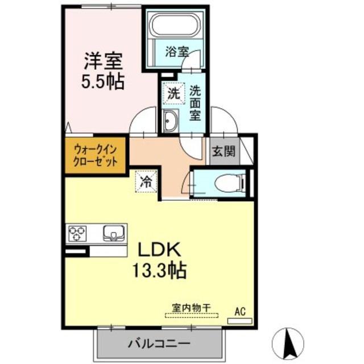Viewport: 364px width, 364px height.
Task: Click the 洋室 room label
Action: (104, 61)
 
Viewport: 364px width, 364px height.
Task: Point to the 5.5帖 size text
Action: (104, 81)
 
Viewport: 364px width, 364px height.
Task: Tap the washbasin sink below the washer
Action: (171, 121)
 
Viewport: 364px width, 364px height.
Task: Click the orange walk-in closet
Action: (96, 155)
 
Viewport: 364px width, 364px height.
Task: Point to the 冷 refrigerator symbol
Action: (146, 183)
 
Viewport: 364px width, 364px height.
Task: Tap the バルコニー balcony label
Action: (158, 344)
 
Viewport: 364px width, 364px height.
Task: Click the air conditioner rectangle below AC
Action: (239, 321)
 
